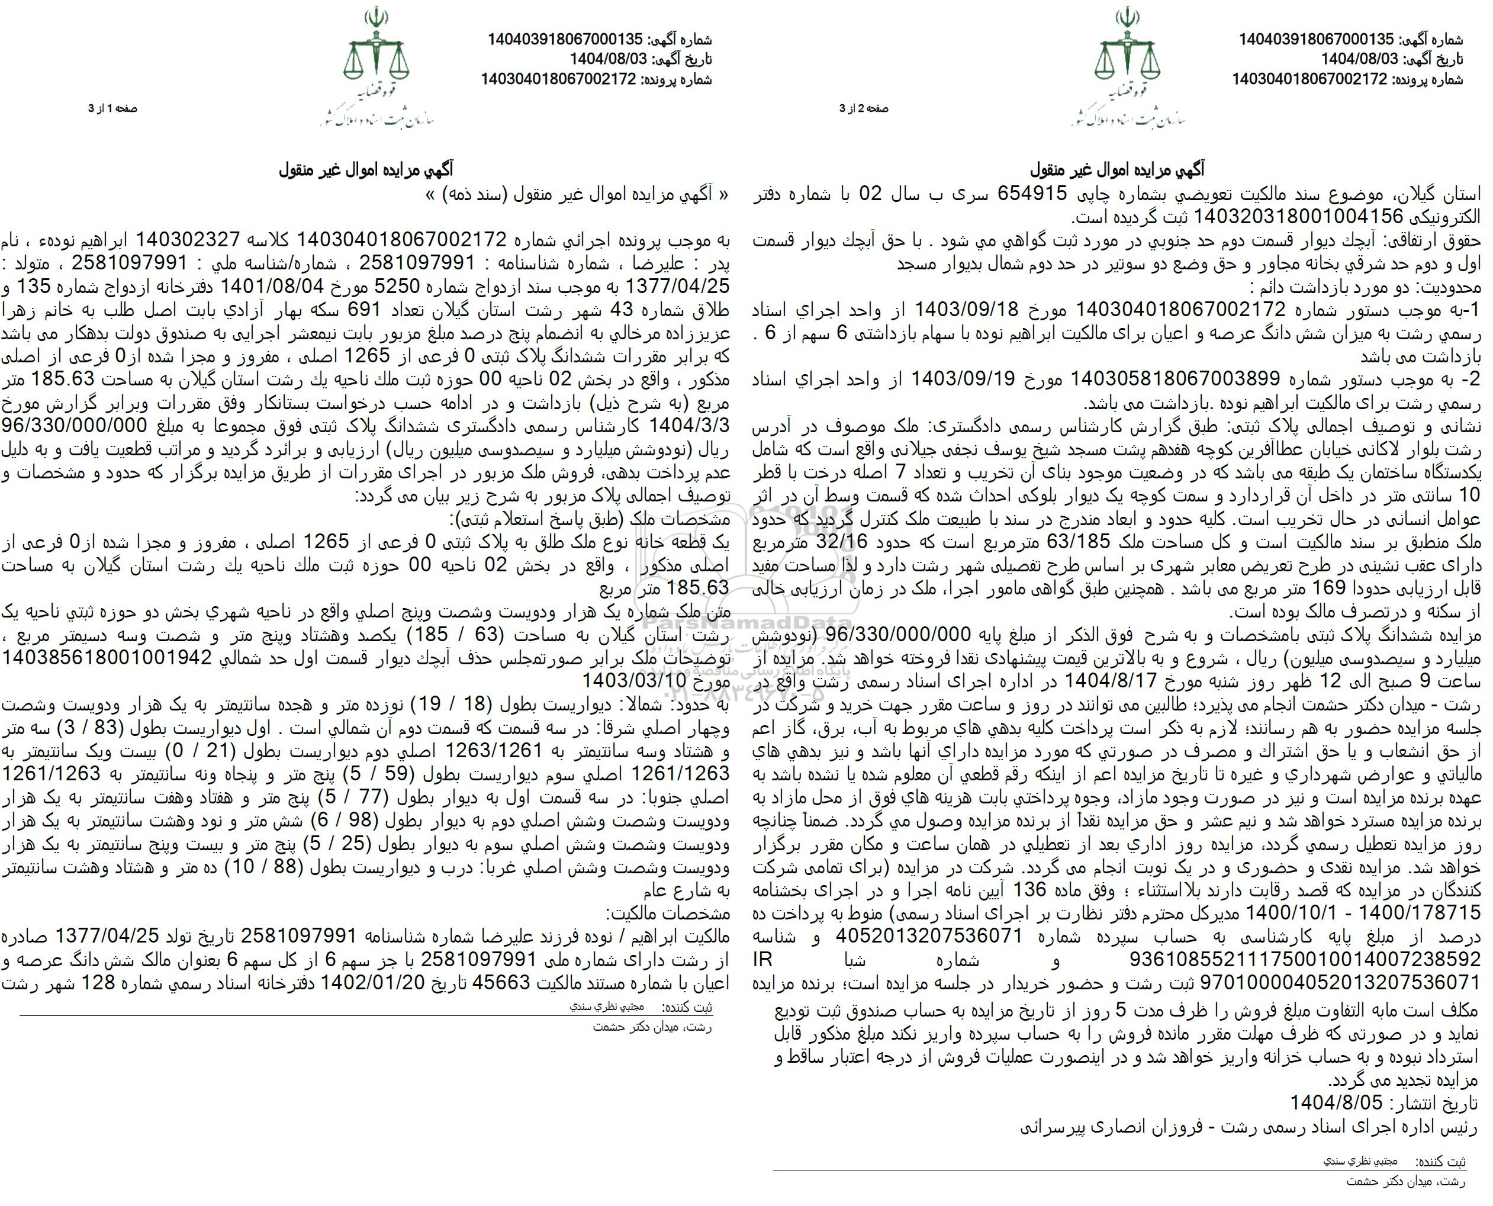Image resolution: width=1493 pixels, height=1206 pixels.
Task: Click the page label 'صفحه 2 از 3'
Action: pos(864,108)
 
